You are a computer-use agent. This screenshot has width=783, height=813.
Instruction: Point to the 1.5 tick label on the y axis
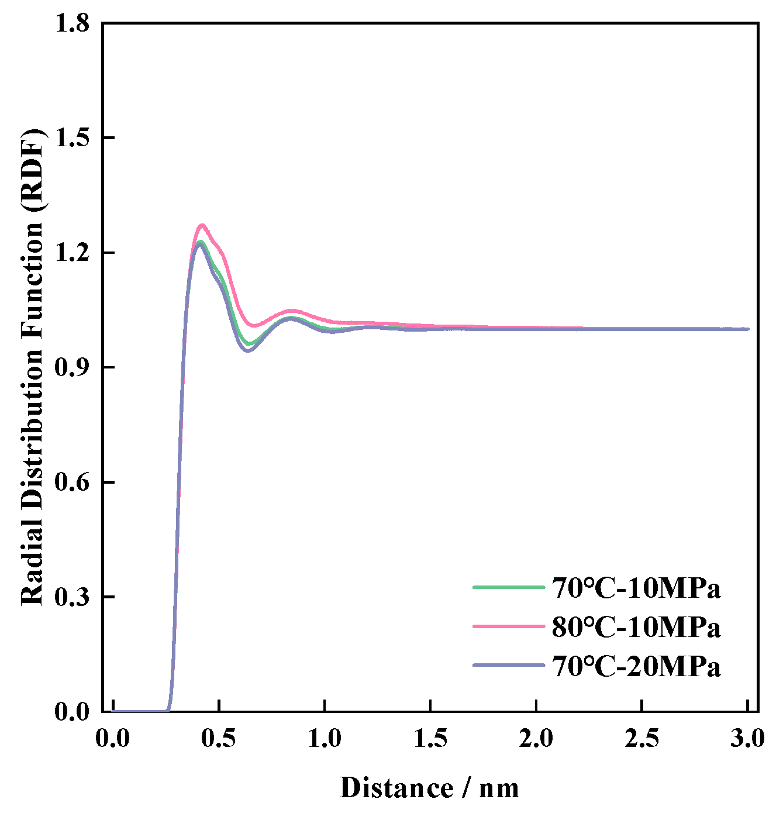point(71,138)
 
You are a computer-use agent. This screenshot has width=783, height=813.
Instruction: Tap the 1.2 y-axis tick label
point(71,253)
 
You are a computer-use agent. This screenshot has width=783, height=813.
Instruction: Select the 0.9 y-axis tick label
point(71,367)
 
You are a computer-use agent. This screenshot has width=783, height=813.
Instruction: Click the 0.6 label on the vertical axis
point(71,483)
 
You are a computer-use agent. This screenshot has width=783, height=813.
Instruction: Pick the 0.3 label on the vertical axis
point(71,597)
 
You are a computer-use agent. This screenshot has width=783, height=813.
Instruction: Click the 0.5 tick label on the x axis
point(219,738)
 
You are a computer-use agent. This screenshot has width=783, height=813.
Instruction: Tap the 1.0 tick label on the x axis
point(325,738)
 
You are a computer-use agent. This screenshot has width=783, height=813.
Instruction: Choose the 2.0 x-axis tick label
point(536,738)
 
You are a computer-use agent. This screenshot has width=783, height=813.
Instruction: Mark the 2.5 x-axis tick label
point(642,738)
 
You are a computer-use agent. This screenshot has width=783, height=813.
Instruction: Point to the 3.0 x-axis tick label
point(747,738)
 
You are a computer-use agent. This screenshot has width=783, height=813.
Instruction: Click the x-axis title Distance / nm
point(430,788)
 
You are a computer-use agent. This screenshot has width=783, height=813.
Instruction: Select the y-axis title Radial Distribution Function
point(33,367)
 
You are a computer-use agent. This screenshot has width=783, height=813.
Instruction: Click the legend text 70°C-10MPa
point(636,588)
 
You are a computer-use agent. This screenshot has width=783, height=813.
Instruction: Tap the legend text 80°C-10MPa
point(636,627)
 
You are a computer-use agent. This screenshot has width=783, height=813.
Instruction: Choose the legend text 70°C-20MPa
point(636,666)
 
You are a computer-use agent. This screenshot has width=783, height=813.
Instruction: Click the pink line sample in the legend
point(508,626)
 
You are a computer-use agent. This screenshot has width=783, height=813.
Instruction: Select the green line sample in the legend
point(508,587)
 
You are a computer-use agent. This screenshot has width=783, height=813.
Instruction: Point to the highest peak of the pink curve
point(202,225)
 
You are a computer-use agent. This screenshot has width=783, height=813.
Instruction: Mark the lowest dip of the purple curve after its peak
point(248,351)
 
